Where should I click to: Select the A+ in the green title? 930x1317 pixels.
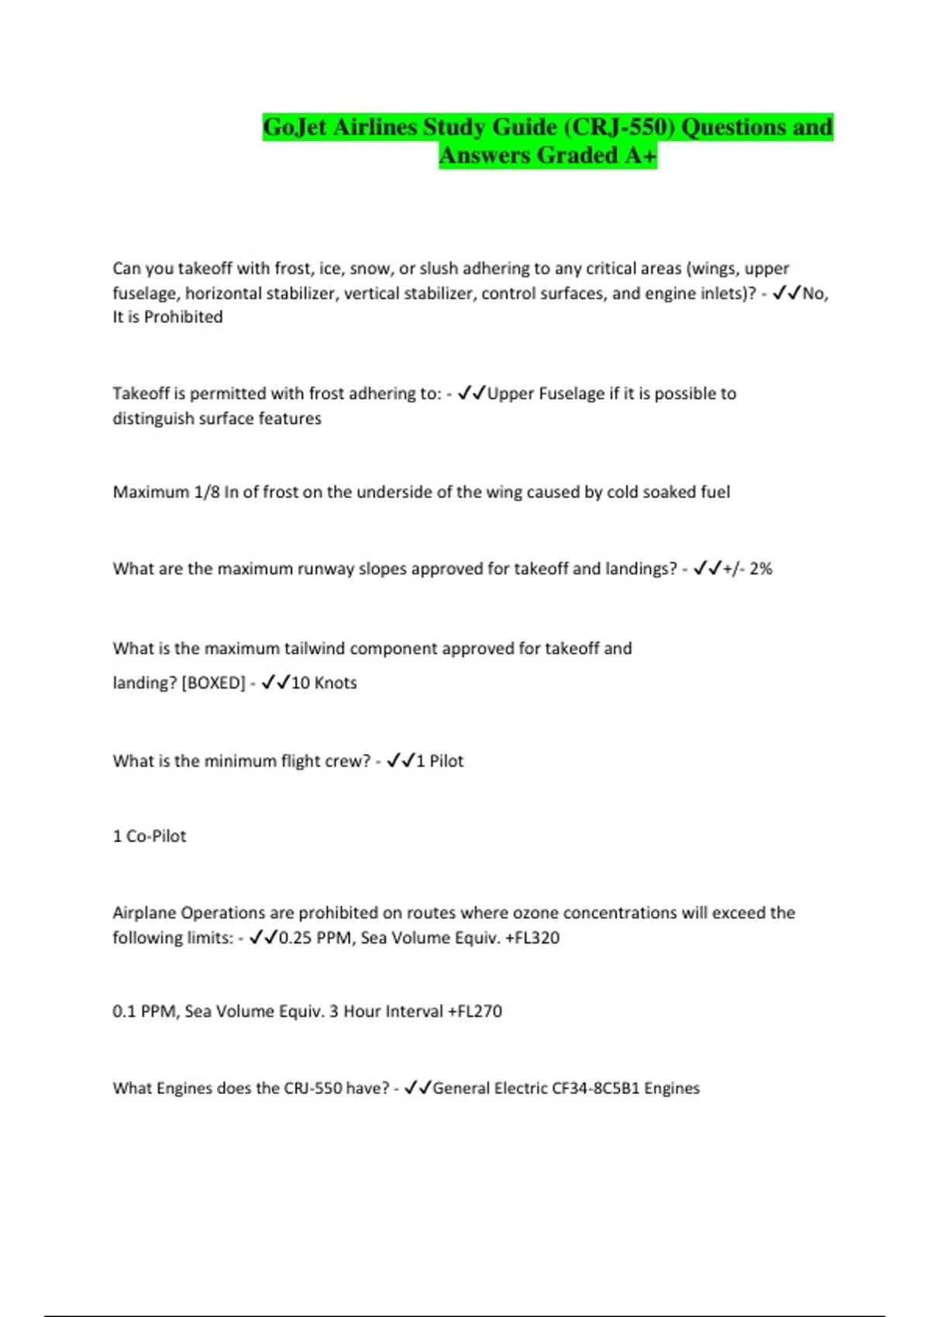pos(639,156)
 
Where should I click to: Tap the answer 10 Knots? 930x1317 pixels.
pos(324,683)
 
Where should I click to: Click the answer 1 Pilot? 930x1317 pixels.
pos(439,761)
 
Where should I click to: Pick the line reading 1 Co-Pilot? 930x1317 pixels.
pos(150,836)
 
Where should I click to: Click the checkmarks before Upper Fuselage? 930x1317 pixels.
pos(471,394)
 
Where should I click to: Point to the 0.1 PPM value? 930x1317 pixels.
pos(144,1011)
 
